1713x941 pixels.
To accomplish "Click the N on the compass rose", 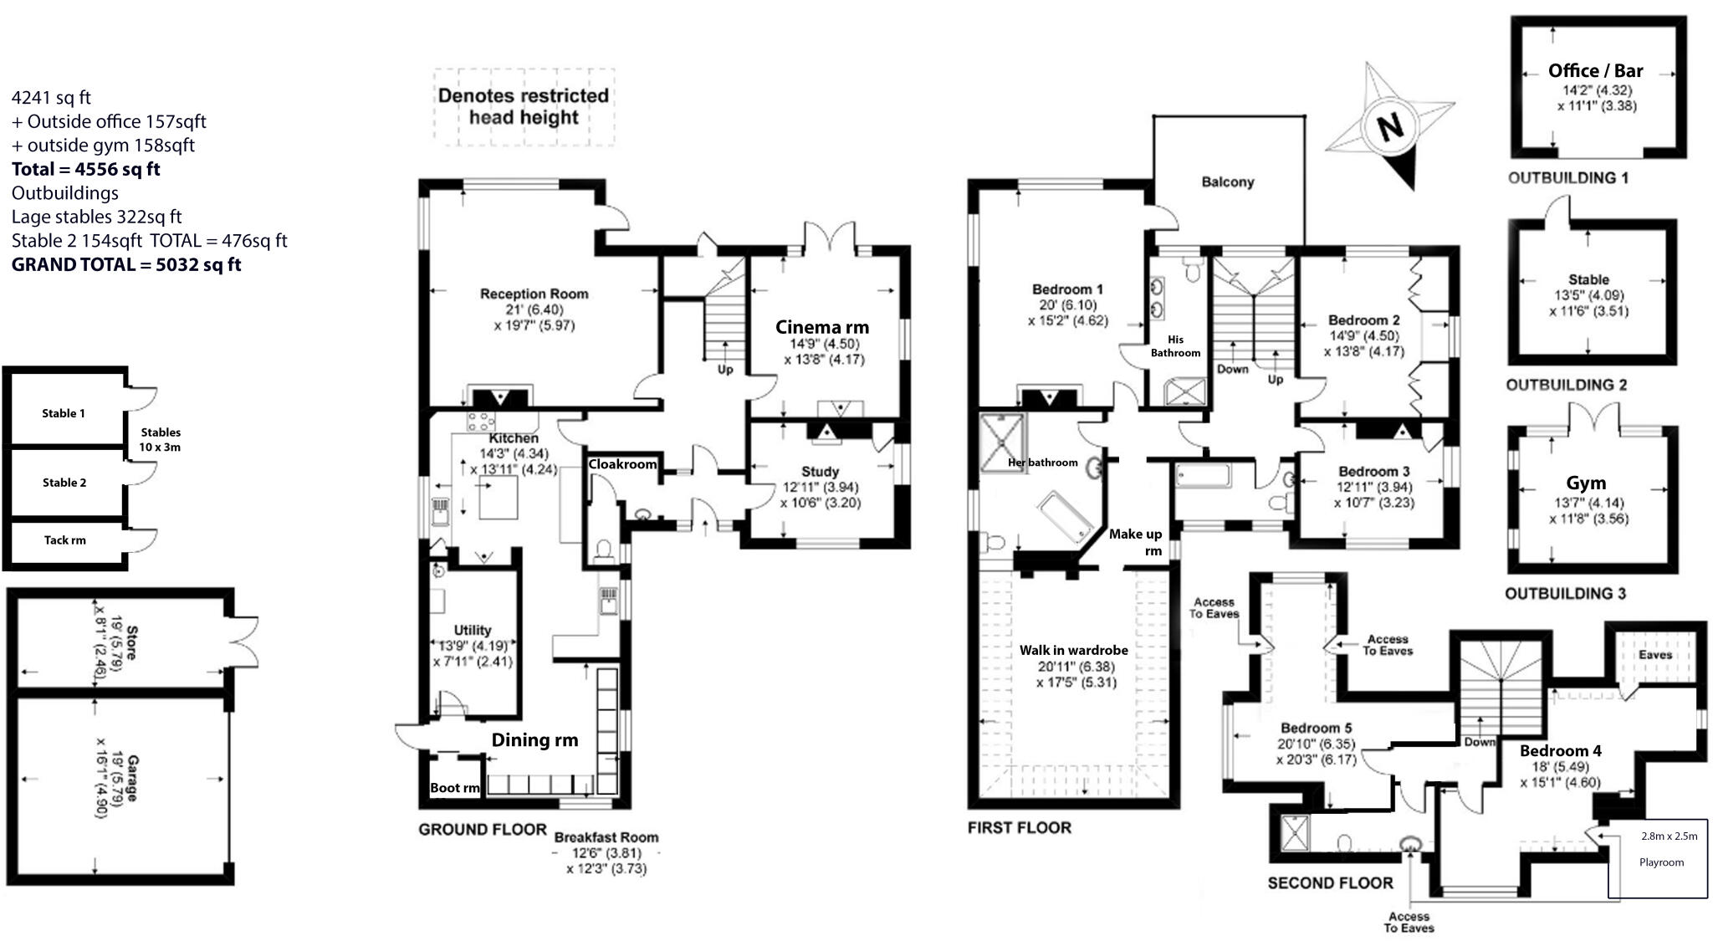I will (1389, 128).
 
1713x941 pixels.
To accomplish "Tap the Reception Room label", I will (534, 294).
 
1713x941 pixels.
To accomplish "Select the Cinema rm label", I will (821, 327).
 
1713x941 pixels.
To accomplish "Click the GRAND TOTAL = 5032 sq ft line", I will (126, 264).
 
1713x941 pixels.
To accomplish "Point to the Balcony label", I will (1227, 182).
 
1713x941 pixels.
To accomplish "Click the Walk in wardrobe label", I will (1073, 650).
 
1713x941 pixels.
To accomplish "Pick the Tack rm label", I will (64, 540).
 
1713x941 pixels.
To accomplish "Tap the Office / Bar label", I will (1595, 71).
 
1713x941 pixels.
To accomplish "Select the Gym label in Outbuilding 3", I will (1586, 483).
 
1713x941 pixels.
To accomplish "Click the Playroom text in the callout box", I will (1661, 862).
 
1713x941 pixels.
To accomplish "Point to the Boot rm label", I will (454, 788).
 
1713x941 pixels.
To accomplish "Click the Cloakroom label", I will (622, 464).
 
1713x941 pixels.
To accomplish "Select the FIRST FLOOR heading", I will (1019, 827).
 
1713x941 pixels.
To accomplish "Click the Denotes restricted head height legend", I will (524, 106).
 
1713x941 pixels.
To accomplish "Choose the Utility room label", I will (473, 630).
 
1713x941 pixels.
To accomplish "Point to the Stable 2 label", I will (64, 483).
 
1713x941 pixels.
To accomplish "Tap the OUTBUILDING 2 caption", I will (1566, 385).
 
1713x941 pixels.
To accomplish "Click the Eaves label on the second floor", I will (1654, 654).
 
